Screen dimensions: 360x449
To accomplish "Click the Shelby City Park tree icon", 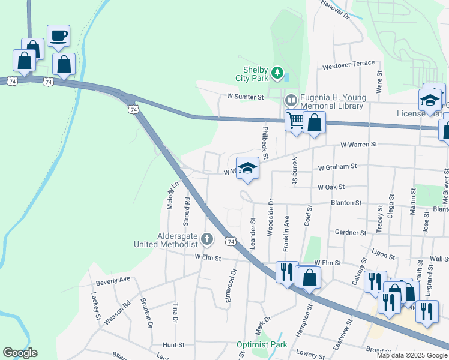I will coord(277,73).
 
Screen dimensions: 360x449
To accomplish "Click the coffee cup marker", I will coord(59,36).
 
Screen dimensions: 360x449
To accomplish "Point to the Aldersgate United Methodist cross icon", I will coord(207,240).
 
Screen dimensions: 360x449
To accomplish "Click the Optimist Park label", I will coord(261,345).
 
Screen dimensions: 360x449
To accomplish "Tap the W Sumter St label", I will coord(245,97).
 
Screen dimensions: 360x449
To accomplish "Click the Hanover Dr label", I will coord(334,10).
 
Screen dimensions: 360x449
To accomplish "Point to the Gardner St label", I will coord(351,232).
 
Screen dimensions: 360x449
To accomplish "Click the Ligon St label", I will coord(384,255).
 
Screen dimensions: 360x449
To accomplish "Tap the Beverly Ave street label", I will coord(113,280).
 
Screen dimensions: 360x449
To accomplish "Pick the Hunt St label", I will coord(173,345).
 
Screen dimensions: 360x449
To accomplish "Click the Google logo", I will coord(20,353).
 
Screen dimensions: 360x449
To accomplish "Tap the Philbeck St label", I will coord(264,139).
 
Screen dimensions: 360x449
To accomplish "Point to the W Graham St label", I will coord(337,166).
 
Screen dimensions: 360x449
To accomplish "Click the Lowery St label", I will coord(310,355).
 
